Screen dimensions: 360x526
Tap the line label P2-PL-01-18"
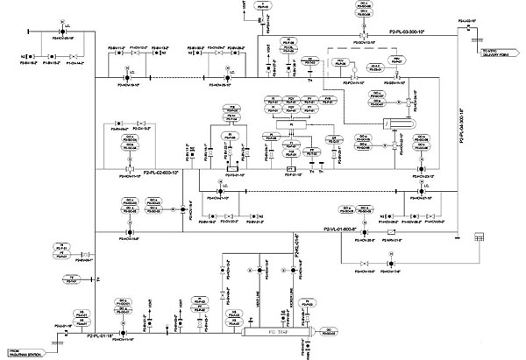pyautogui.click(x=99, y=333)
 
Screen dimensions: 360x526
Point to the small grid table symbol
pyautogui.click(x=480, y=238)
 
